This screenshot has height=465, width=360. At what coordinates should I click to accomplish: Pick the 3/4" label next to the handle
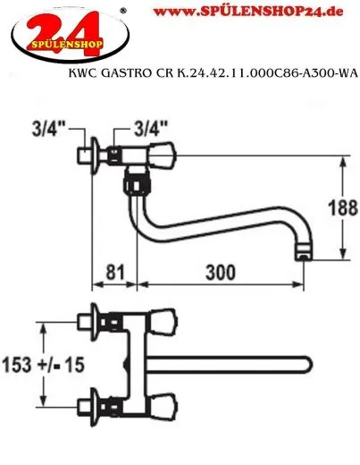click(148, 127)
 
